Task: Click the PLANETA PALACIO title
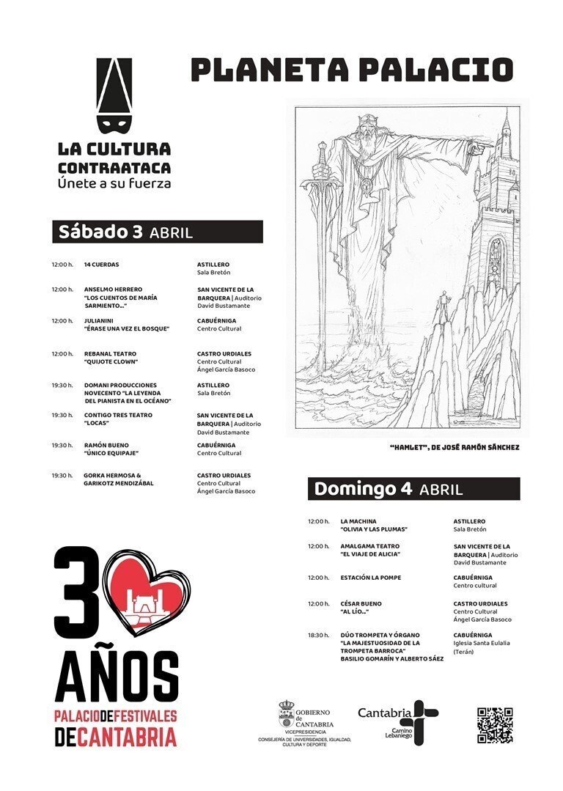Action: point(351,70)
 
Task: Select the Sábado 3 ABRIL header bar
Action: point(158,232)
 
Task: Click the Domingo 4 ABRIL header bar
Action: point(413,489)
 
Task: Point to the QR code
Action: point(495,725)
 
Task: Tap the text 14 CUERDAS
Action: point(101,264)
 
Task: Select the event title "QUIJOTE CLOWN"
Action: point(111,361)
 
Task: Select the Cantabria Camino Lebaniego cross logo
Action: point(424,721)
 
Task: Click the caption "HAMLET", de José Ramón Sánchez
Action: point(455,446)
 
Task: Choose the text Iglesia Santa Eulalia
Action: point(482,643)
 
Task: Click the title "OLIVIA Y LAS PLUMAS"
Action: point(374,529)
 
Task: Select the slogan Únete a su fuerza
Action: point(114,183)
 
